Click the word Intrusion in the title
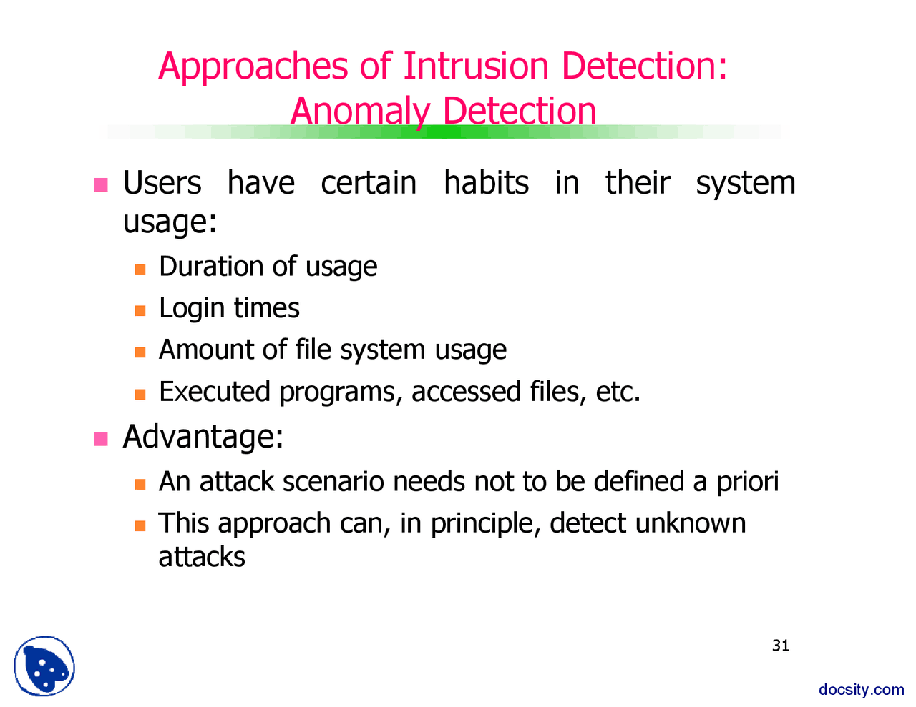[476, 66]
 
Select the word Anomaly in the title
[359, 112]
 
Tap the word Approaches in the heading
[253, 67]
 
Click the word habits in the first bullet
[486, 183]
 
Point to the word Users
[162, 183]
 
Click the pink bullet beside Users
[101, 184]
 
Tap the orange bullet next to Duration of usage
[140, 270]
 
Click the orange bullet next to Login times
[140, 311]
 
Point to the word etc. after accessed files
[618, 392]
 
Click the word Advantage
[203, 437]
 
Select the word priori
[747, 482]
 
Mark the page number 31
[781, 646]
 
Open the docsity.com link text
[862, 689]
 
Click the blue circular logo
[44, 666]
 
